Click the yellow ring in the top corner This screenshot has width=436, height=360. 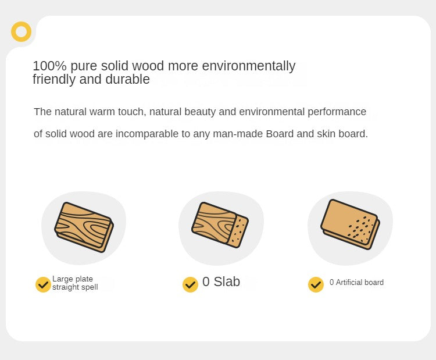pyautogui.click(x=21, y=24)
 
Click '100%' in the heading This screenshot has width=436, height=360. pyautogui.click(x=49, y=66)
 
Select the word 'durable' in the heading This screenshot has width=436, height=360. pyautogui.click(x=128, y=79)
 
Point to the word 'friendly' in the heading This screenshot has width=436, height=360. pyautogui.click(x=54, y=80)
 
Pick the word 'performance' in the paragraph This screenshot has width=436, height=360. pyautogui.click(x=337, y=112)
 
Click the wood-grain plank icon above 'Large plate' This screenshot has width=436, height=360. pyautogui.click(x=84, y=227)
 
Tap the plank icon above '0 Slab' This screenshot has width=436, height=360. pyautogui.click(x=220, y=225)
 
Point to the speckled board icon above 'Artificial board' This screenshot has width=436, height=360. pyautogui.click(x=350, y=224)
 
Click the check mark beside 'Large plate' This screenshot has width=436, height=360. pyautogui.click(x=43, y=284)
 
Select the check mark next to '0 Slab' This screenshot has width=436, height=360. pyautogui.click(x=190, y=284)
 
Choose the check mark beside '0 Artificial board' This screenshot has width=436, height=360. pyautogui.click(x=316, y=284)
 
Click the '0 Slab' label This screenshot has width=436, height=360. pyautogui.click(x=221, y=281)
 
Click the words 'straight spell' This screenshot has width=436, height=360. pyautogui.click(x=75, y=287)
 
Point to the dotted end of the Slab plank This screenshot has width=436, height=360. pyautogui.click(x=239, y=231)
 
